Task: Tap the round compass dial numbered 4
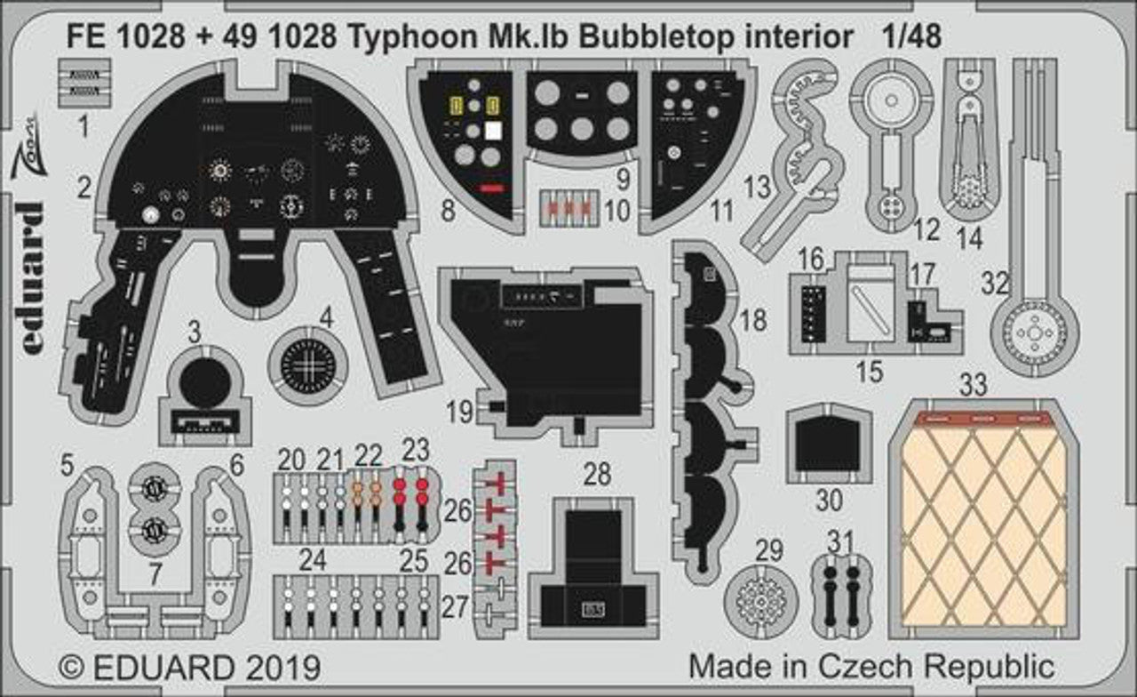308,365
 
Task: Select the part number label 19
460,412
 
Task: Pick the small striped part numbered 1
83,83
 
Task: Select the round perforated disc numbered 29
761,600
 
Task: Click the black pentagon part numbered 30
828,444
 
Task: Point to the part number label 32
996,284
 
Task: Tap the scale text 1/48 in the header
912,35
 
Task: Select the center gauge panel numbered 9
582,111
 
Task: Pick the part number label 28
597,475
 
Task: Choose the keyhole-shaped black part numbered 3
205,389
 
